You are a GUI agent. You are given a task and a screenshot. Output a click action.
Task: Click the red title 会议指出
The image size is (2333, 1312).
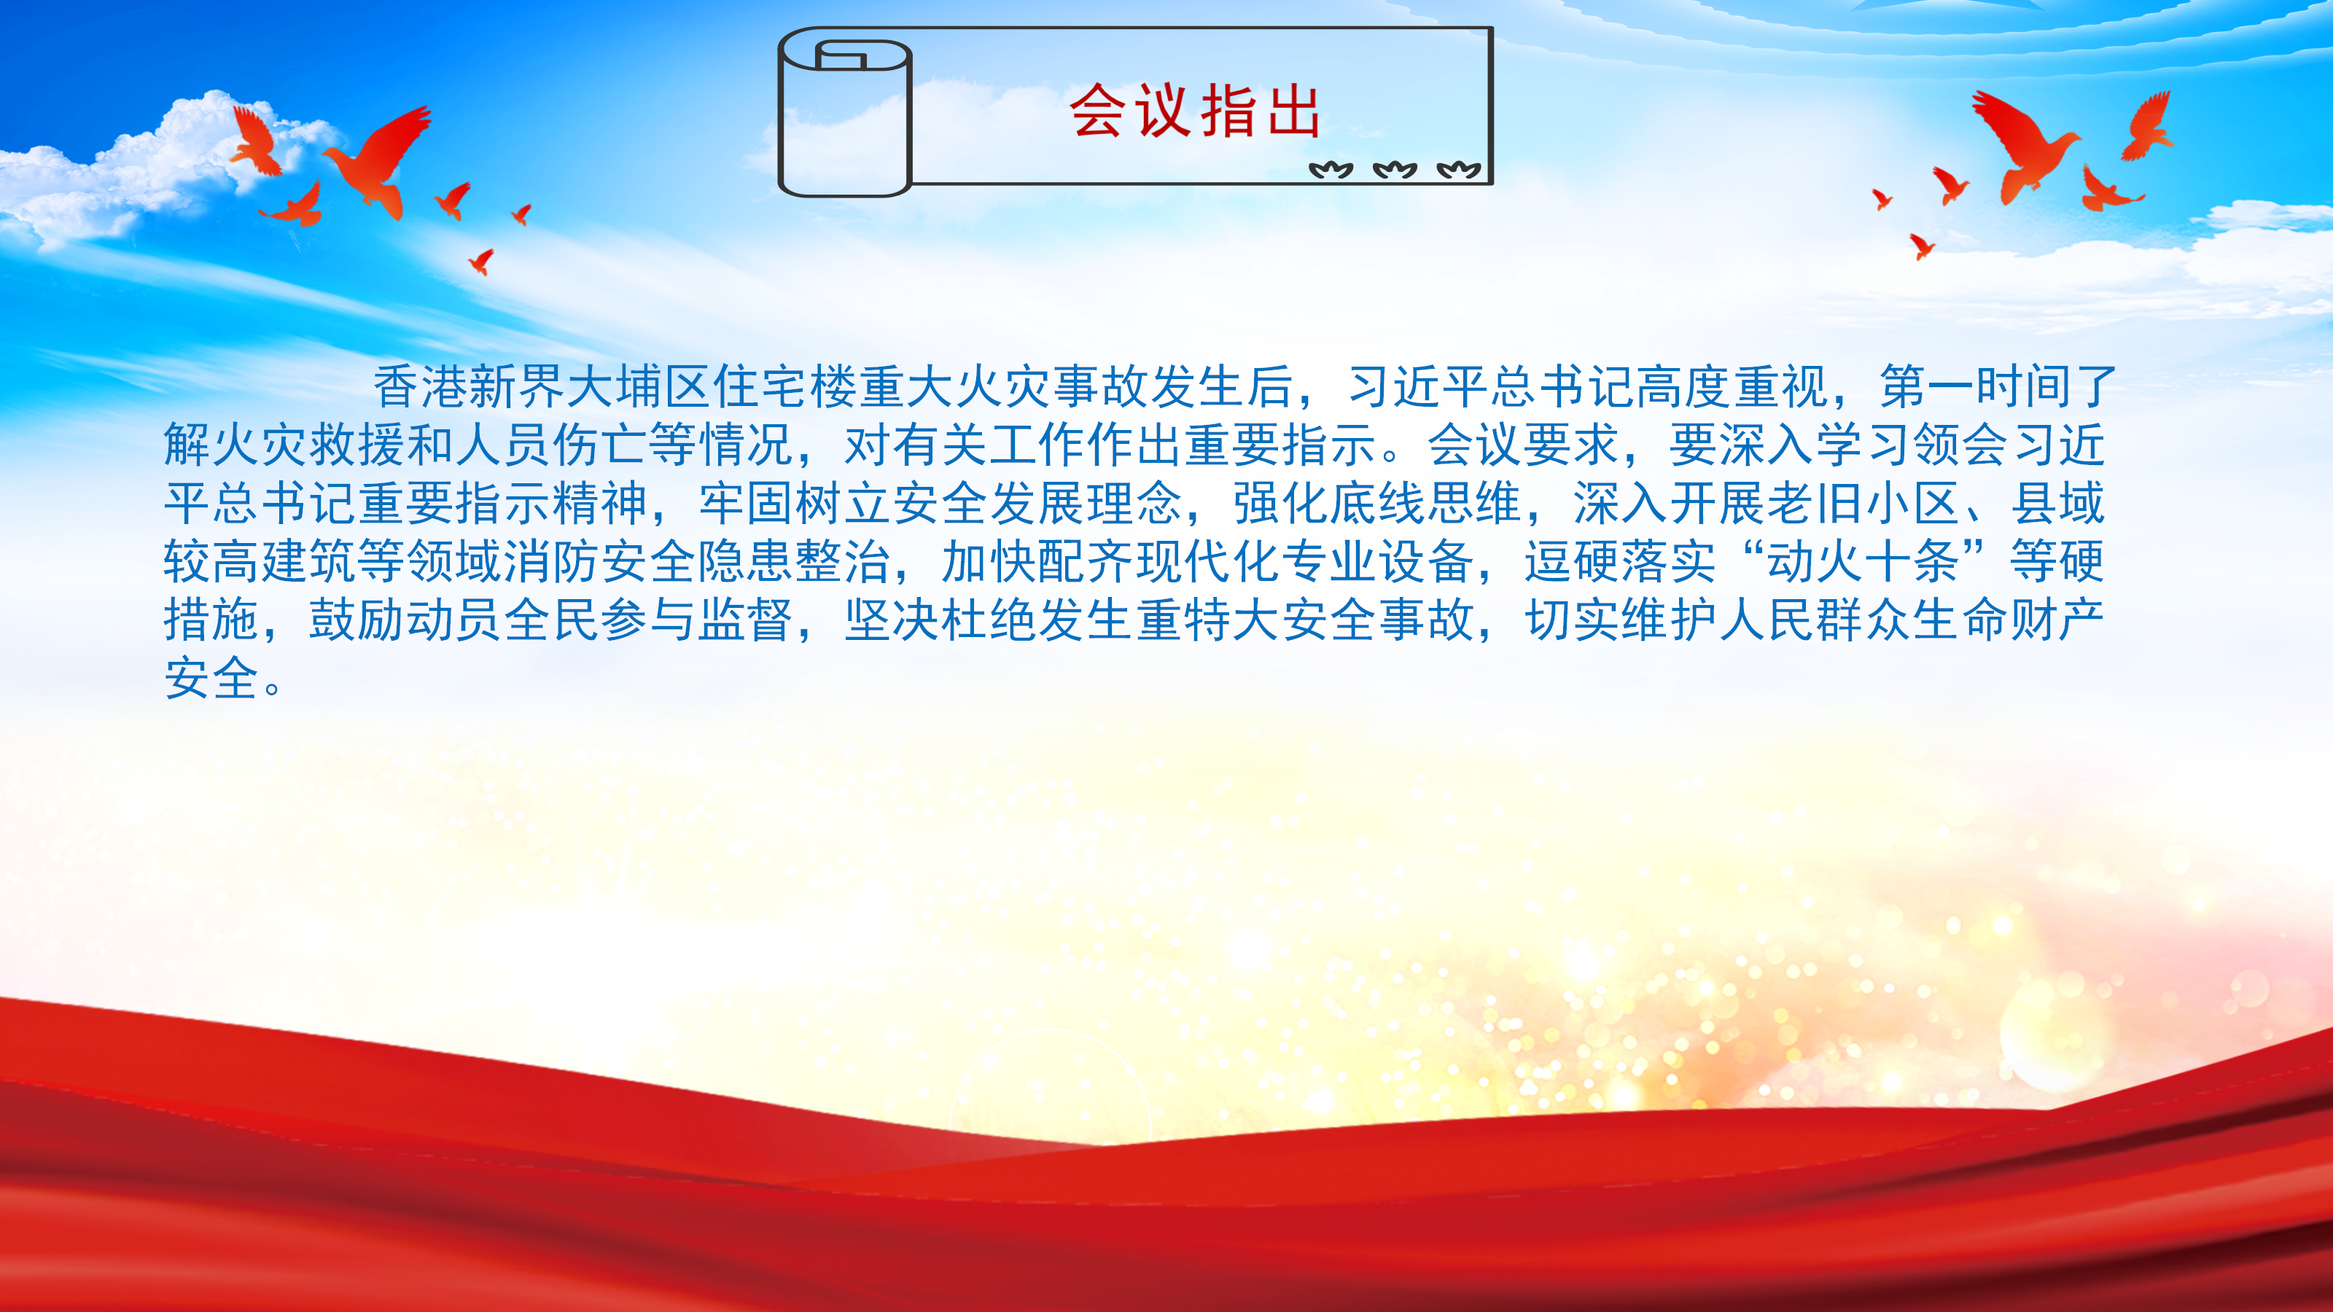[1195, 111]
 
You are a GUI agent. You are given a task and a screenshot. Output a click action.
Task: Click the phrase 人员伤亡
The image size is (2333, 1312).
[550, 445]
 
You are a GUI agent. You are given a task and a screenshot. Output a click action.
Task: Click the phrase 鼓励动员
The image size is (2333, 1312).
[405, 620]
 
